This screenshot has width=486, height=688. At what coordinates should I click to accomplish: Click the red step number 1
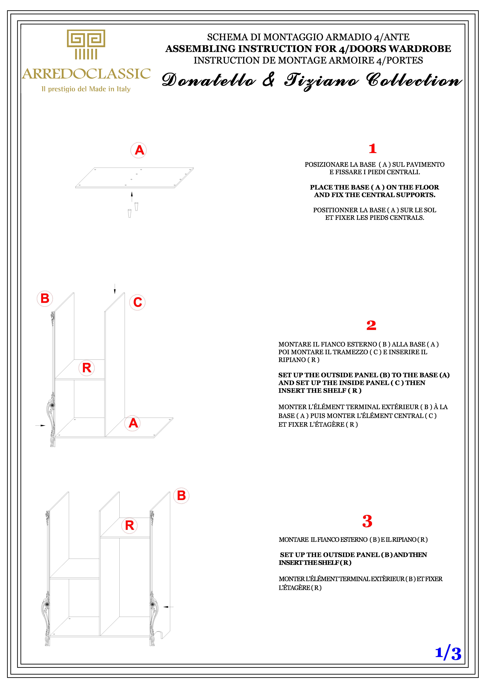(x=373, y=149)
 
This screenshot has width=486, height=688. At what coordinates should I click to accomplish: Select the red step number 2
(x=371, y=325)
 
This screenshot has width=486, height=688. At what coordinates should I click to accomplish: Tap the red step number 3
(x=367, y=521)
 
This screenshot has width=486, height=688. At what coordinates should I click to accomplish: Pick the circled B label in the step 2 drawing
(x=45, y=298)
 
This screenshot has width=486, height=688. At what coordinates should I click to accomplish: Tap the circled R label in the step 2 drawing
(x=87, y=368)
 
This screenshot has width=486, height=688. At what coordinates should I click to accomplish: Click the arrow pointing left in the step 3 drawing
(x=168, y=607)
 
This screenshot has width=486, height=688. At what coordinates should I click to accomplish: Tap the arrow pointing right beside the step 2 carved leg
(x=40, y=425)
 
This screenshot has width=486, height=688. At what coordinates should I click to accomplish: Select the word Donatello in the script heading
(x=209, y=80)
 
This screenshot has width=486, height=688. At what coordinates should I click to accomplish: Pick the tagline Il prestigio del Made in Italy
(x=86, y=89)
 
